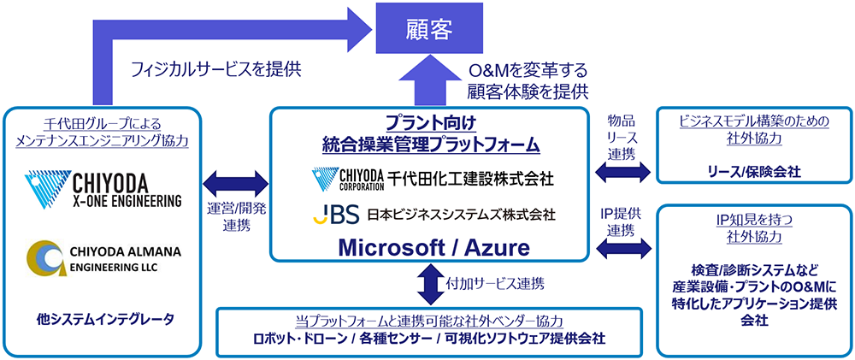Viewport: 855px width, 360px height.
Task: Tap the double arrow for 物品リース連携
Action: tap(622, 172)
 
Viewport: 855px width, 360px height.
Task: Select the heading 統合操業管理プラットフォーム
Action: tap(429, 144)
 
